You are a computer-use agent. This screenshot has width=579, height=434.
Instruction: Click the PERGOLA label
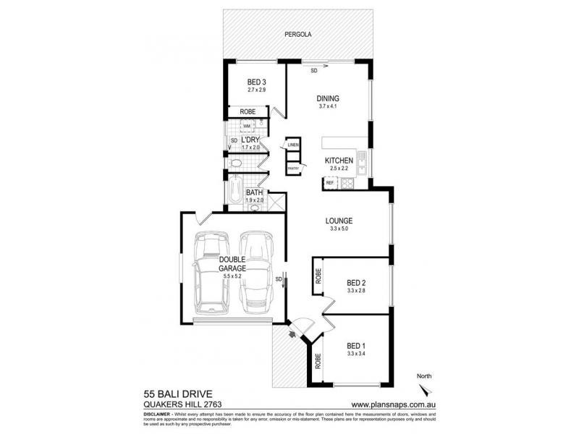click(297, 33)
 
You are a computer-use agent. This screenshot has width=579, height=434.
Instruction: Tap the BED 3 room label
click(257, 82)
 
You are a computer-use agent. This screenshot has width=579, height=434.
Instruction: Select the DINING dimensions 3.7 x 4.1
click(329, 106)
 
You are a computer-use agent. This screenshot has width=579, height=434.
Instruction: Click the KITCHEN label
click(338, 160)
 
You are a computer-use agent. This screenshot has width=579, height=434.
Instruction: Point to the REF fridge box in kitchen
click(329, 183)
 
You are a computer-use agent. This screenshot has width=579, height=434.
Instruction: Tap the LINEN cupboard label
click(292, 145)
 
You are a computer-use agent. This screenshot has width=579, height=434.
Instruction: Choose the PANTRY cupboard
click(293, 168)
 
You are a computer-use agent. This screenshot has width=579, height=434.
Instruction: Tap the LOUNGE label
click(339, 221)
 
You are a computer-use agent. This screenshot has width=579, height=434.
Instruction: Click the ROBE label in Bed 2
click(318, 275)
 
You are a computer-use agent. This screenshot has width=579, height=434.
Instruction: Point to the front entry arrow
click(293, 333)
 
